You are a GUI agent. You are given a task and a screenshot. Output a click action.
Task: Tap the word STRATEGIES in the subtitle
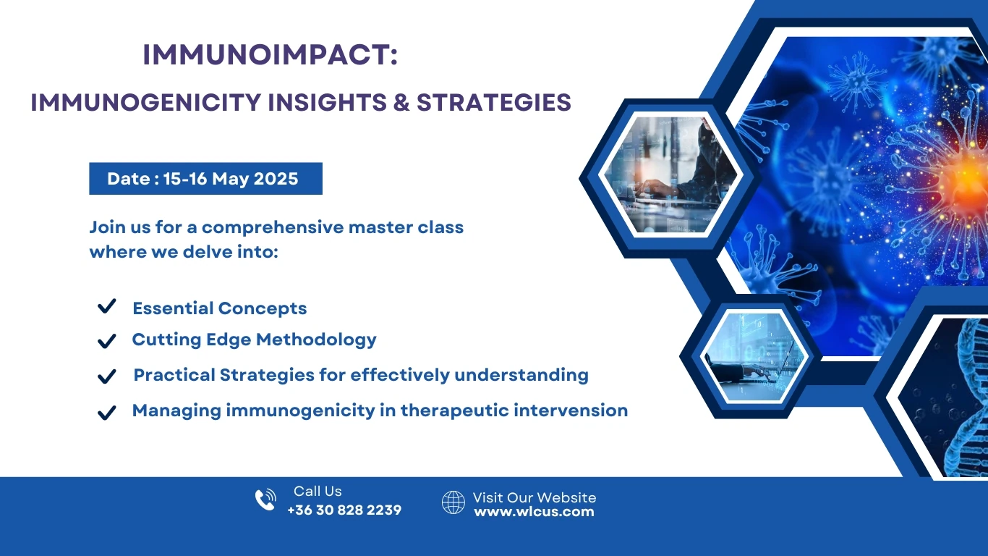pos(494,103)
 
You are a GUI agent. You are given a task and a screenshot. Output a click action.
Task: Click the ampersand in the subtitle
pos(401,103)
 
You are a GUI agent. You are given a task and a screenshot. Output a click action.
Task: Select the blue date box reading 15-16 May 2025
pos(205,178)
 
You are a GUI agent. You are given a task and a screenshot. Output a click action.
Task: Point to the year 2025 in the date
pos(276,179)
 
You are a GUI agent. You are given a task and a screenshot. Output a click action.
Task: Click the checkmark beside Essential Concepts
pos(107,306)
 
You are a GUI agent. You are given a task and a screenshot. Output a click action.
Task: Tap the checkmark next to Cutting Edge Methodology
pos(107,341)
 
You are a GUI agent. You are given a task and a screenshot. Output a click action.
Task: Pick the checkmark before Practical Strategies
pos(107,376)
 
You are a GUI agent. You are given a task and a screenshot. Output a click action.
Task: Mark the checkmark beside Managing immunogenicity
pos(107,413)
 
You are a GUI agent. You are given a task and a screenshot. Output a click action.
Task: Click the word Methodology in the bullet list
pos(316,340)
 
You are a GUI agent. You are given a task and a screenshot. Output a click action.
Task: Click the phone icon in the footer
pos(265,500)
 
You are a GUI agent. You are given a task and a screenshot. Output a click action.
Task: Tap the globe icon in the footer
pos(453,502)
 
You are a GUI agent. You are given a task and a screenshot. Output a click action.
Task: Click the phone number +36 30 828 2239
pos(344,510)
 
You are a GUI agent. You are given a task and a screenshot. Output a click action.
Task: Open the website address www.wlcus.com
pos(534,512)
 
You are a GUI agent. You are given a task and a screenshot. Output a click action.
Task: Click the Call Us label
pos(318,491)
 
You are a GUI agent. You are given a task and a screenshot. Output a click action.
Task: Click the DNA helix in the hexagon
pos(968,397)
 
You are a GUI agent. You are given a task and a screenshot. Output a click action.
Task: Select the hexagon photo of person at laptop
pos(670,175)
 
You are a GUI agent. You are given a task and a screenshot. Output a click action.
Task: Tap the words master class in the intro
pos(406,227)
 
